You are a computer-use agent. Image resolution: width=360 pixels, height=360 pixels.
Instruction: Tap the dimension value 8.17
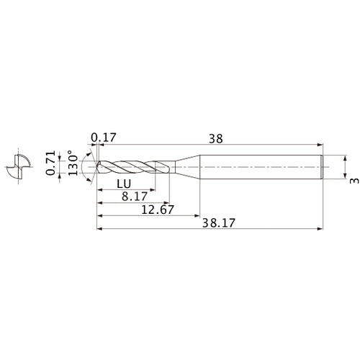pyautogui.click(x=134, y=196)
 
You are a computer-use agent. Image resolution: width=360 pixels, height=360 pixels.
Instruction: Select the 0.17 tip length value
pyautogui.click(x=104, y=137)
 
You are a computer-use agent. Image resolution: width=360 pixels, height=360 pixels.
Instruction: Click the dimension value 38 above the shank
pyautogui.click(x=215, y=137)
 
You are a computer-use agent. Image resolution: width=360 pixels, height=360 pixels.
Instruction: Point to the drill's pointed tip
pyautogui.click(x=96, y=166)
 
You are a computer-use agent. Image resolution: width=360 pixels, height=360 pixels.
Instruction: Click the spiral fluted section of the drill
pyautogui.click(x=133, y=166)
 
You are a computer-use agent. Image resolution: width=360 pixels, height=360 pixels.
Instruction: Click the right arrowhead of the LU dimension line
pyautogui.click(x=153, y=190)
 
